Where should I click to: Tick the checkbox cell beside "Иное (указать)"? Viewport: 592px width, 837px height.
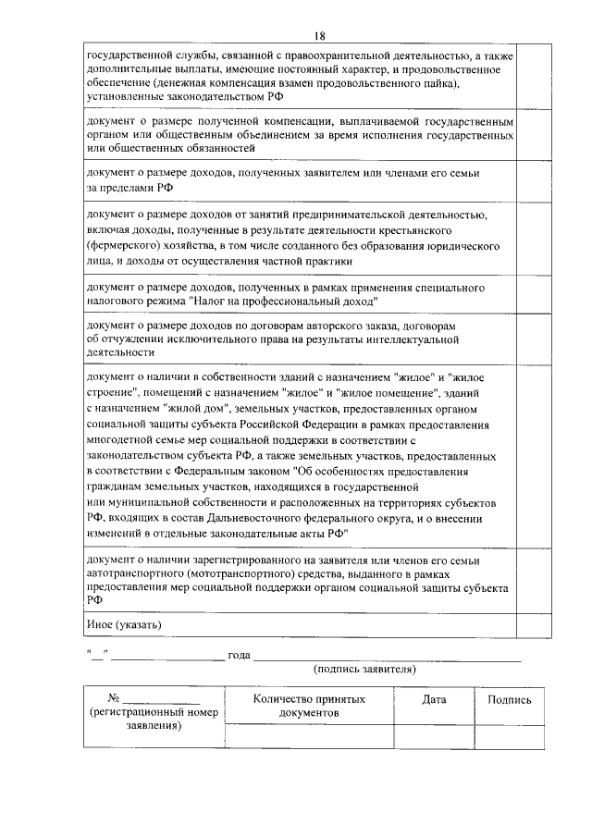pos(534,625)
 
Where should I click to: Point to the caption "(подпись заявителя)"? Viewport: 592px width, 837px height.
pos(364,669)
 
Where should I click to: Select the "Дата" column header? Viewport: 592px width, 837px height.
pos(434,700)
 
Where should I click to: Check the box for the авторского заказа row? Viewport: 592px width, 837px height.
pos(534,339)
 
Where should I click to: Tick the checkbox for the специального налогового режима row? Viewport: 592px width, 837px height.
pos(534,295)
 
